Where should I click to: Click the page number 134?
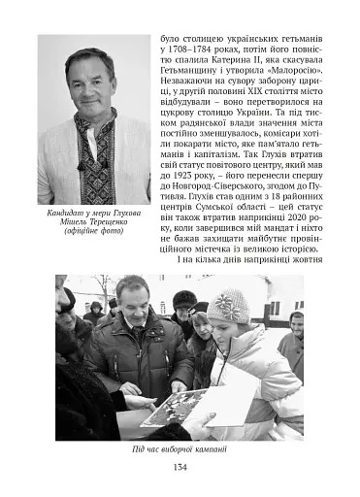[180, 468]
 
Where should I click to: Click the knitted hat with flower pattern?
[228, 306]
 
